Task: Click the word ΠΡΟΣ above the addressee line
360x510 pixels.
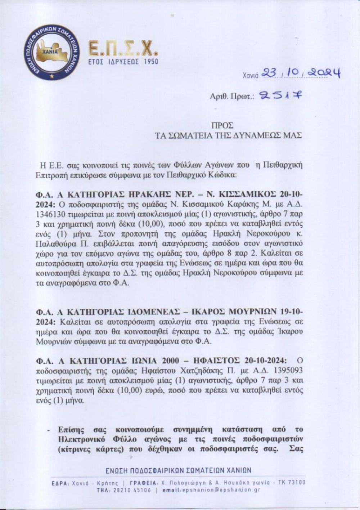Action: click(222, 125)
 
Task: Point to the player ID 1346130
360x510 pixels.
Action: click(49, 212)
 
